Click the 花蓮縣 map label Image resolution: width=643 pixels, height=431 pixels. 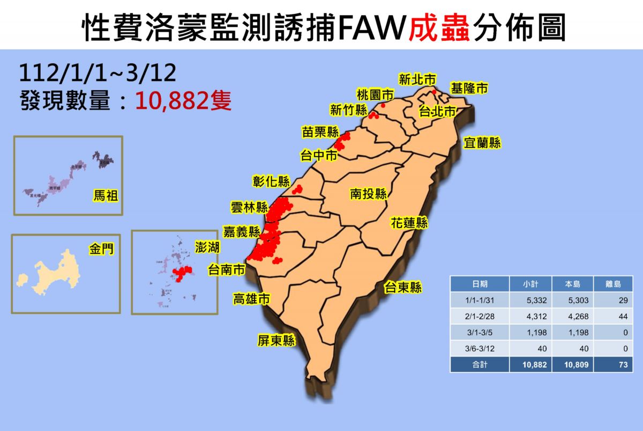tap(409, 223)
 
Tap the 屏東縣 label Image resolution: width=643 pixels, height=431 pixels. tap(276, 340)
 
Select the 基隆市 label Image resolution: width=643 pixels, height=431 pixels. tap(469, 89)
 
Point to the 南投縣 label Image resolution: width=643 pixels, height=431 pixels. tap(369, 194)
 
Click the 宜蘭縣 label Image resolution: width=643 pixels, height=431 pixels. tap(482, 143)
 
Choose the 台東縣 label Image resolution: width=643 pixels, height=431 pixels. tap(403, 288)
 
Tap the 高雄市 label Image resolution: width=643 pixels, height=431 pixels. tap(251, 299)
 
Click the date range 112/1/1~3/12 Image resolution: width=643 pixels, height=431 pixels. tap(98, 72)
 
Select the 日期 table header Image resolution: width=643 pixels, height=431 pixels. tap(480, 284)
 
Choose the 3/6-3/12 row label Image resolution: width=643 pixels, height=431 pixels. tap(480, 349)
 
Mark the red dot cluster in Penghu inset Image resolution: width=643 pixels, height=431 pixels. tap(183, 272)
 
